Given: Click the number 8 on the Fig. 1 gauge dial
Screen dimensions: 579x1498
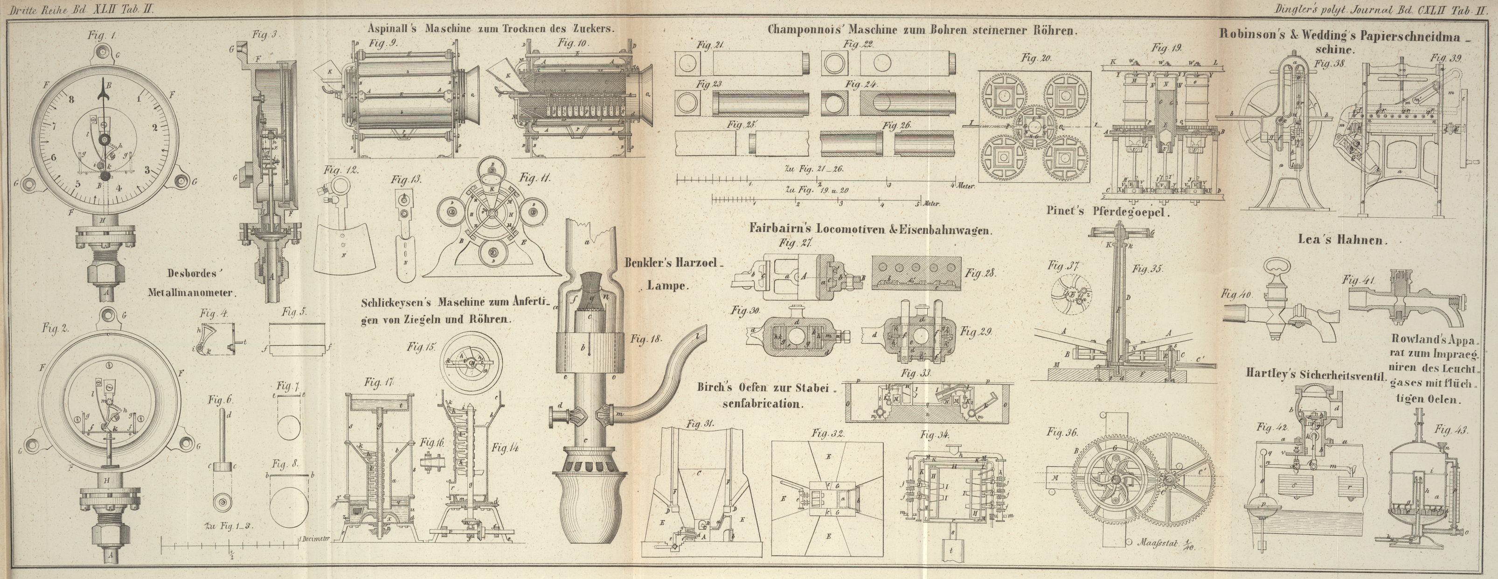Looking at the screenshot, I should click(x=71, y=99).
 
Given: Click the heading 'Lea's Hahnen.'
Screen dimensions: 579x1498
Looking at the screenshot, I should click(x=1342, y=240).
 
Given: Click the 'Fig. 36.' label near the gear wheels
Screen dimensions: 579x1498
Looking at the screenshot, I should click(x=1062, y=433).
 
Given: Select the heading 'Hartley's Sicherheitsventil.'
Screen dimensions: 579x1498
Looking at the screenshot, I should click(x=1314, y=374).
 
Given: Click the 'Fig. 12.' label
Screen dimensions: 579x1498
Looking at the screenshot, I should click(x=341, y=171).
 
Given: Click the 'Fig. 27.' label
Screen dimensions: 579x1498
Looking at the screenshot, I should click(x=796, y=243).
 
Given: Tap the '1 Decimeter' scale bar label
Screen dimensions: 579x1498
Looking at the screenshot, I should click(x=314, y=538).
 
